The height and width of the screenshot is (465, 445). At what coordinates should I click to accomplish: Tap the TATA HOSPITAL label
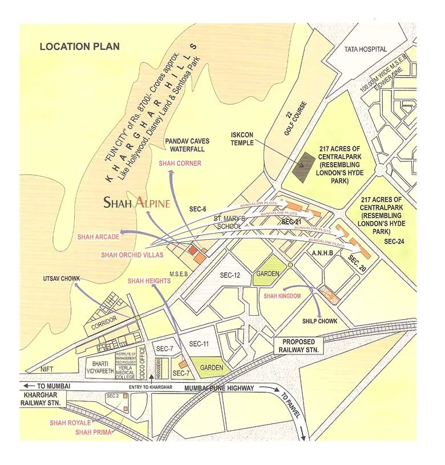(x=366, y=50)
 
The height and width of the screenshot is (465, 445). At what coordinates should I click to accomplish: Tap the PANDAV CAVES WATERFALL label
(x=187, y=145)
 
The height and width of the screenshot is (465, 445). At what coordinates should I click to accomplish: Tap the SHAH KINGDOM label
(x=282, y=296)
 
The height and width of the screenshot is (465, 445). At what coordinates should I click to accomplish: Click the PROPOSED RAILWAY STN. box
(x=298, y=345)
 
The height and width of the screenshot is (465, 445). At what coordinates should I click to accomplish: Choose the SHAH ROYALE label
(x=70, y=423)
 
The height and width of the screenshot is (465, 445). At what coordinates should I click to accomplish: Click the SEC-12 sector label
(x=232, y=275)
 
